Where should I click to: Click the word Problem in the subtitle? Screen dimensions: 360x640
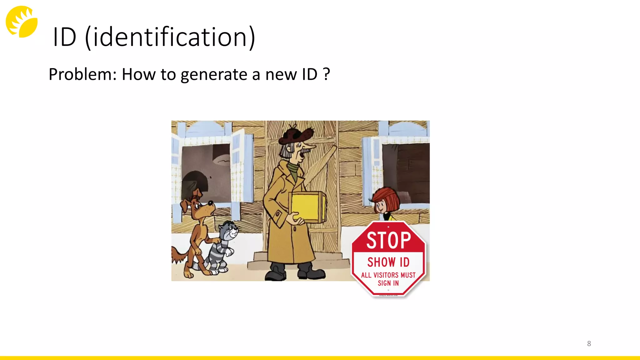tap(82, 75)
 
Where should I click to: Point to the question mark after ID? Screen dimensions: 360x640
tap(326, 74)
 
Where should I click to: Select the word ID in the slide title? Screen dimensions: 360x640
tap(65, 37)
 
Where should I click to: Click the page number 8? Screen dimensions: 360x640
tap(589, 343)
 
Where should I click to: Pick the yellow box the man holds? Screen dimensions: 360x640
tap(308, 206)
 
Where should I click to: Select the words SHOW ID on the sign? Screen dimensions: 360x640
tap(388, 262)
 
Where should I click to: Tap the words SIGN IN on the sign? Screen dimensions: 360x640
tap(388, 283)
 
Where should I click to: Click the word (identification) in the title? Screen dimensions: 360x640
tap(170, 37)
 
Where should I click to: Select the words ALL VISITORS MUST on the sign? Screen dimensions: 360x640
tap(388, 275)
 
